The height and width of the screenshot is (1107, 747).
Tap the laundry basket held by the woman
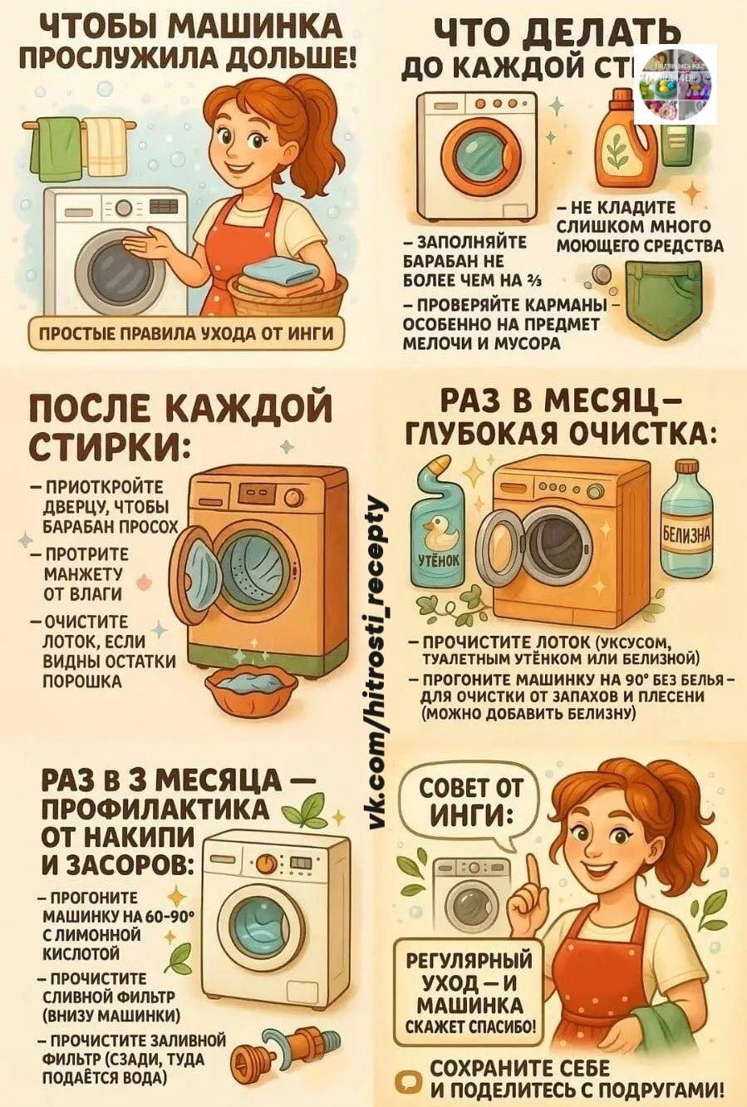click(287, 293)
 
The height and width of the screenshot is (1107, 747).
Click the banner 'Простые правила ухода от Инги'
click(186, 334)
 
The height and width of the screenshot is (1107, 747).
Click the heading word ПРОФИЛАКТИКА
click(155, 808)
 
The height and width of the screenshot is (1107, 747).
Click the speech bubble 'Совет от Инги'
click(471, 801)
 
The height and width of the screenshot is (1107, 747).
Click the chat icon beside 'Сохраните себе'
click(408, 1080)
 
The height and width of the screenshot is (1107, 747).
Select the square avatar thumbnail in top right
click(676, 84)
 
